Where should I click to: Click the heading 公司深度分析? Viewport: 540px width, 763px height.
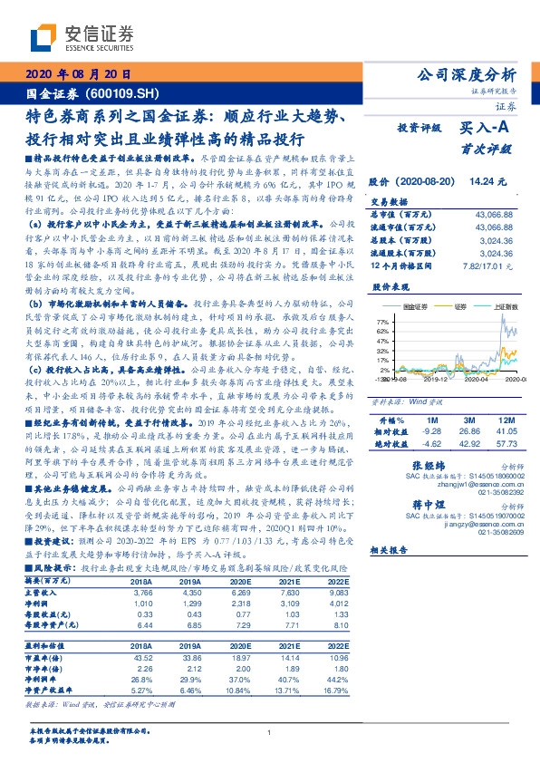coord(470,75)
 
